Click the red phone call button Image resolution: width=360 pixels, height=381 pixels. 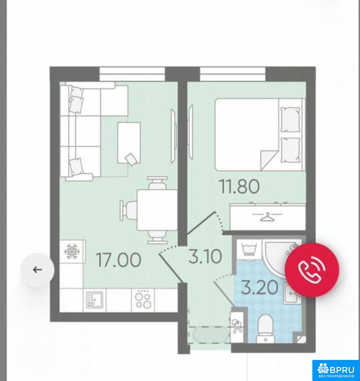(x=312, y=269)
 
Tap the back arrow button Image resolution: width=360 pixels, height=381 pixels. (x=37, y=269)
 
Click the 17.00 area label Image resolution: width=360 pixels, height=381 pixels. (x=118, y=260)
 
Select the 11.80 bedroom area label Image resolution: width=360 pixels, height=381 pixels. (x=239, y=187)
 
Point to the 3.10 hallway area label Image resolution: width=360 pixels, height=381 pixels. (x=205, y=257)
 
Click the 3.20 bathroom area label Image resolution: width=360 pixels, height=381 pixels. (x=259, y=287)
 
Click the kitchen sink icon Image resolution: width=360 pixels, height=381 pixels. (x=94, y=300)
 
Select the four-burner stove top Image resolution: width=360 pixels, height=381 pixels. (x=143, y=300)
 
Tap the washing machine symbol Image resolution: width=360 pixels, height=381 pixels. (x=249, y=249)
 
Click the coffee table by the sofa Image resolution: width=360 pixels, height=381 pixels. (x=129, y=143)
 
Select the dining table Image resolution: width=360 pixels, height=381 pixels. (x=157, y=210)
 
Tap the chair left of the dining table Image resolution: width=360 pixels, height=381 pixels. (x=128, y=210)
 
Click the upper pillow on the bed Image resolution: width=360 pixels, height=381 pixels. (x=290, y=120)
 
